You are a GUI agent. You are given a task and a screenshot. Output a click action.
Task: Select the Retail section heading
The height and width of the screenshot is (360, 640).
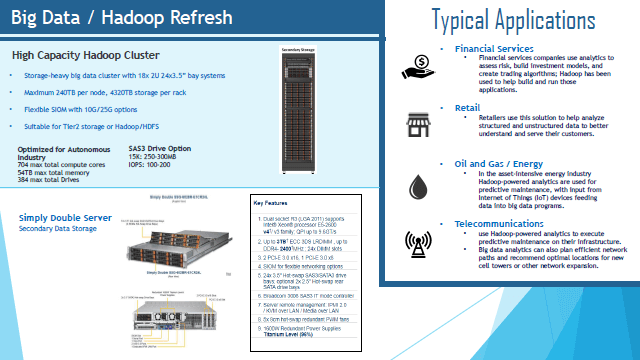click(x=468, y=106)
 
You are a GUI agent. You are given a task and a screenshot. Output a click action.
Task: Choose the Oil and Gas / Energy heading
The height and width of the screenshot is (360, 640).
click(x=501, y=163)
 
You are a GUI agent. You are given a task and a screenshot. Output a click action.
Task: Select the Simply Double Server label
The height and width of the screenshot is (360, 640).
click(x=62, y=216)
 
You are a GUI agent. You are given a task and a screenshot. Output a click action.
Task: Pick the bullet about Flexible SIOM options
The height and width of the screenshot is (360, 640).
click(x=80, y=109)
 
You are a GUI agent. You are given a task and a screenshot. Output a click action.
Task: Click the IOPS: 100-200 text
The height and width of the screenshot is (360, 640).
click(x=152, y=164)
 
